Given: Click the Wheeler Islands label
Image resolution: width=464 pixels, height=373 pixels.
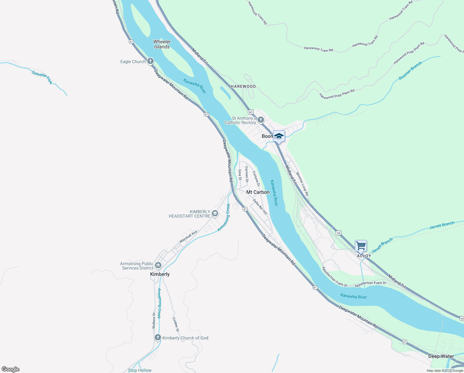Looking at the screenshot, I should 162,44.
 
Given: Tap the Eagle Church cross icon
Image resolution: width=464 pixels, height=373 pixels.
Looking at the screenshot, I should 150,61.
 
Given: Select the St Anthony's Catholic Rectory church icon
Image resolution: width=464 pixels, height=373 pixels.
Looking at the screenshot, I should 261,120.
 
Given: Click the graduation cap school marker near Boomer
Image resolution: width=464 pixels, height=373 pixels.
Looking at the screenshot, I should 279,136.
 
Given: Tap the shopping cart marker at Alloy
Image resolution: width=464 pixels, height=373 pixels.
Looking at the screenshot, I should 361,246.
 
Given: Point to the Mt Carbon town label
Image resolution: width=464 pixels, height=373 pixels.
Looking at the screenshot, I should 258,192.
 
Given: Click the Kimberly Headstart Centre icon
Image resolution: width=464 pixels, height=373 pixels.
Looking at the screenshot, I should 215,214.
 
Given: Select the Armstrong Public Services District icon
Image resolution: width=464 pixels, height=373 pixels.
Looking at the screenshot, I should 158,265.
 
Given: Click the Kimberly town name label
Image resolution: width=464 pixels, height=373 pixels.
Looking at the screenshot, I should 160,274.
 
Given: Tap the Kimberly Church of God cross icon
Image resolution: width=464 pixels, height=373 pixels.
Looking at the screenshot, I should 158,338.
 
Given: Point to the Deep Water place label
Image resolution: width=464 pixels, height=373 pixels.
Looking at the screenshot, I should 441,356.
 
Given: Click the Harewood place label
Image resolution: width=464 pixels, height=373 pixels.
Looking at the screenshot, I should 243,86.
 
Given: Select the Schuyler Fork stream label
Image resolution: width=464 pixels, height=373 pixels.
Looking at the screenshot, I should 42,77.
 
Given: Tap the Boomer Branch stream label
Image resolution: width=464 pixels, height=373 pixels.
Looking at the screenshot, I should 410,71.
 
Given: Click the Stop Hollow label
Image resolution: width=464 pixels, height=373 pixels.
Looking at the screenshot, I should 140,370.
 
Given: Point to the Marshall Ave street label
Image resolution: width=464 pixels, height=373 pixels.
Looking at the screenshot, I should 188,237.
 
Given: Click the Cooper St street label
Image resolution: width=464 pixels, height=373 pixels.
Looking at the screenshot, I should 176,325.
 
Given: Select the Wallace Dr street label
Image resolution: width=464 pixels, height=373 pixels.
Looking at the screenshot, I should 154,320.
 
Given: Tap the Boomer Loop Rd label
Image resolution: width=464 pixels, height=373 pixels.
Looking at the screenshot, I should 302,184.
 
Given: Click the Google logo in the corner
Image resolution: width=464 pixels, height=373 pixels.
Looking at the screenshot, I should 11,369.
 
